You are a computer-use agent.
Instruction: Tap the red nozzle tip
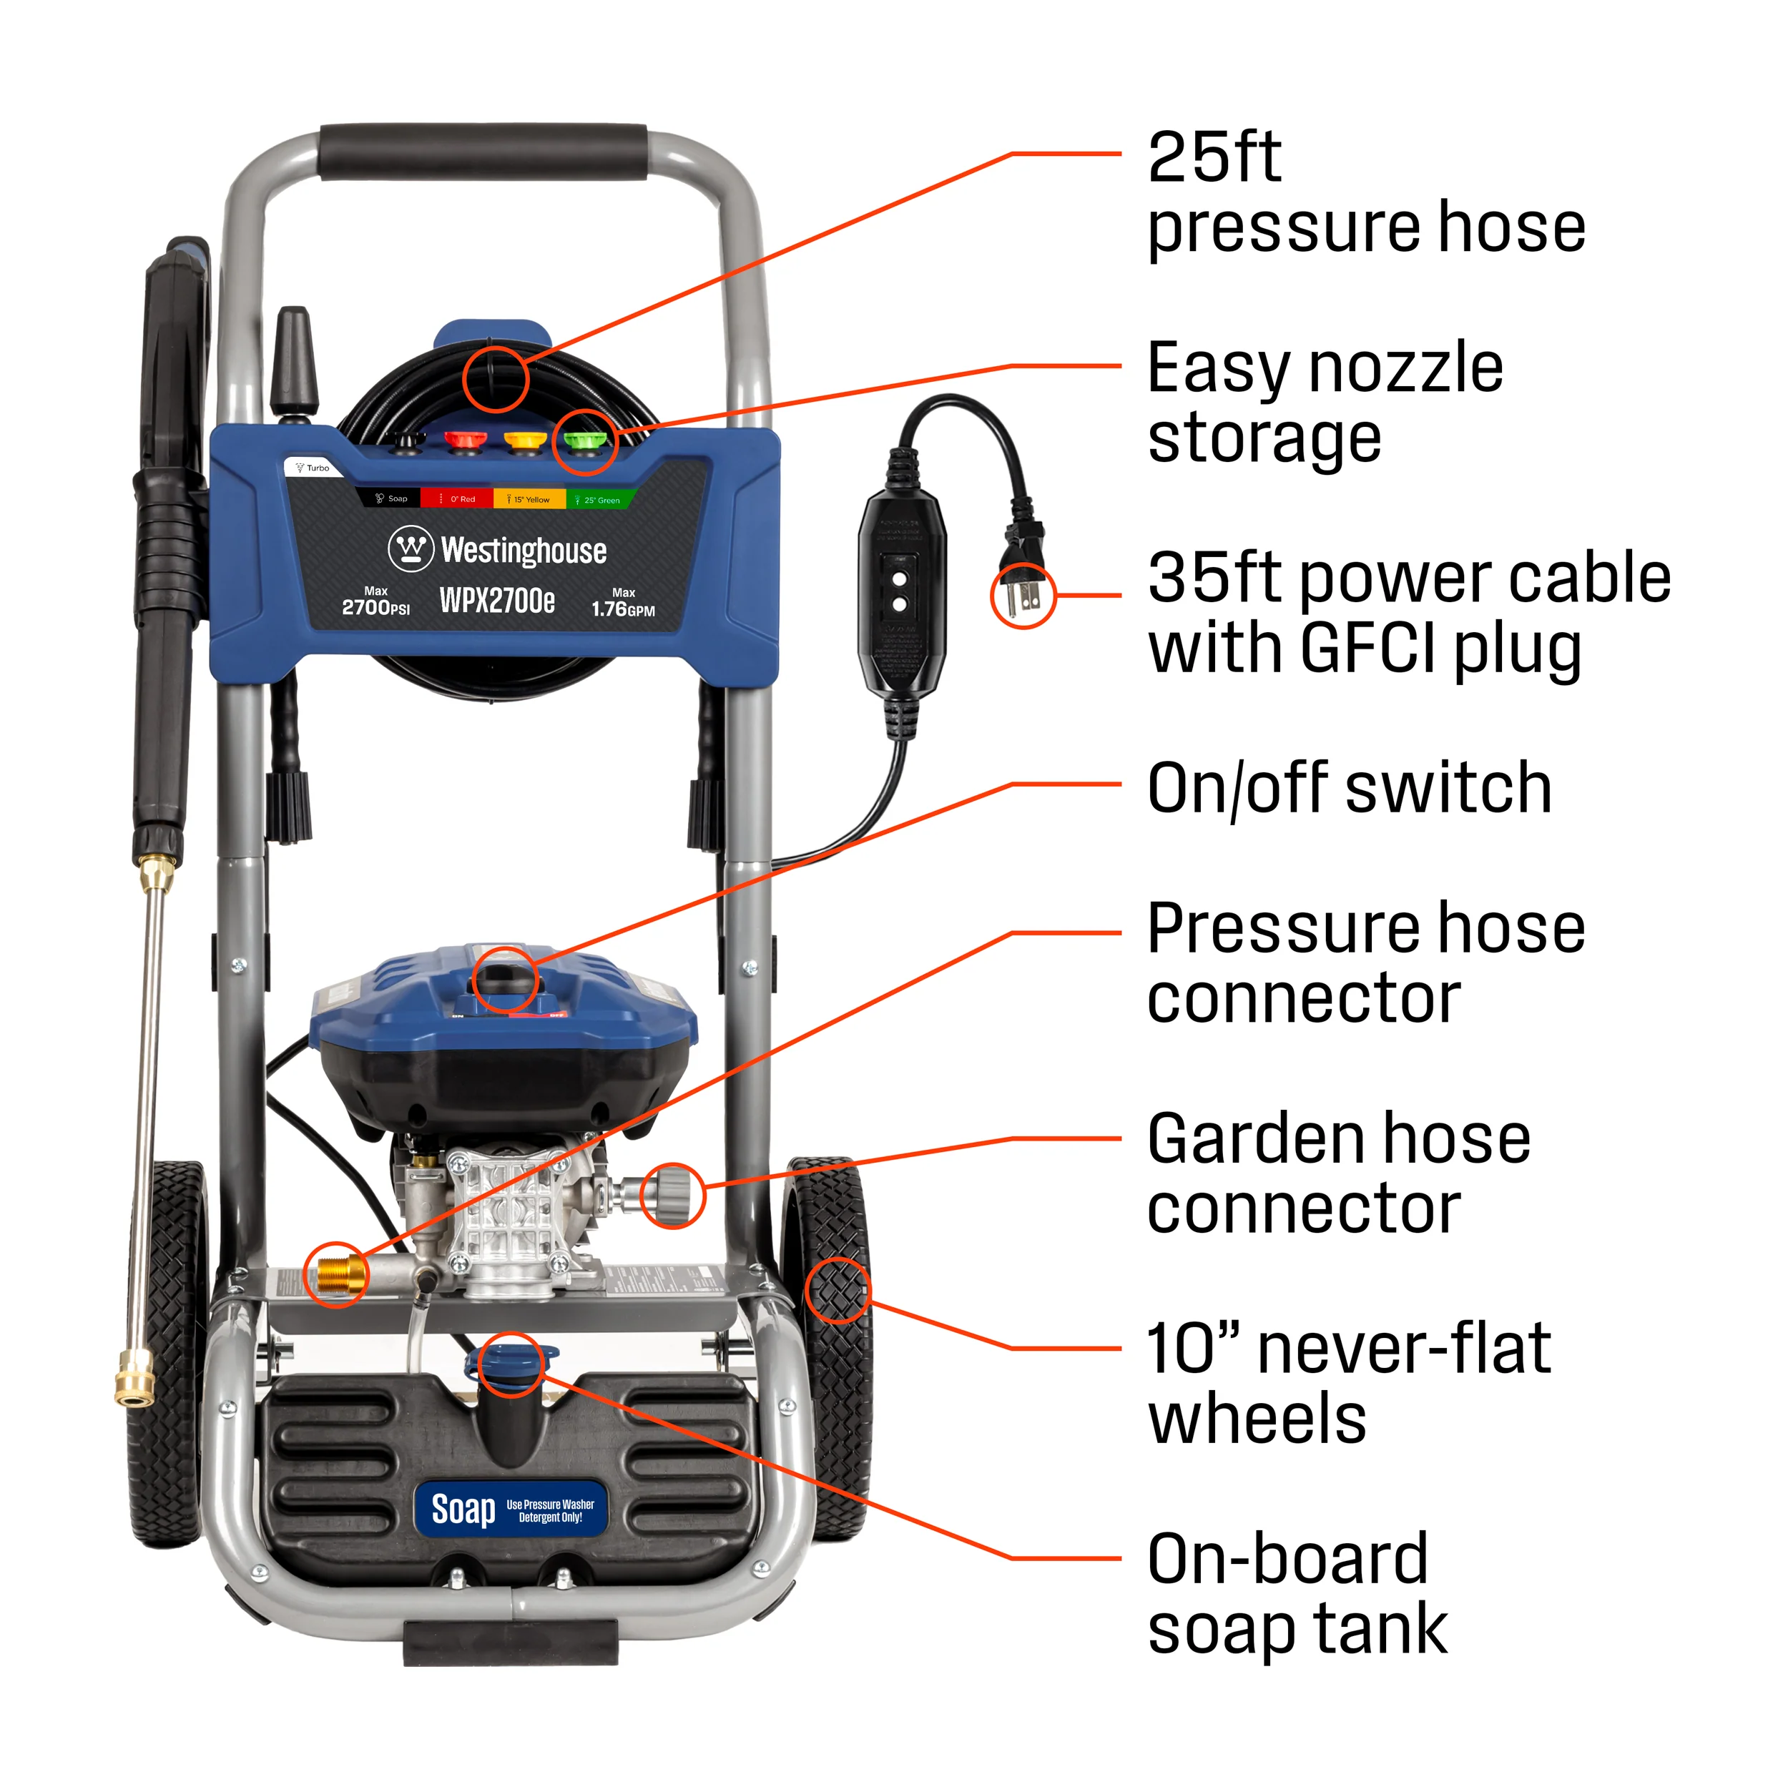(465, 440)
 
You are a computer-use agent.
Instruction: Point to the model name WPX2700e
(497, 601)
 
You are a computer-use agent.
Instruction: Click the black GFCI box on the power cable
(901, 592)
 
